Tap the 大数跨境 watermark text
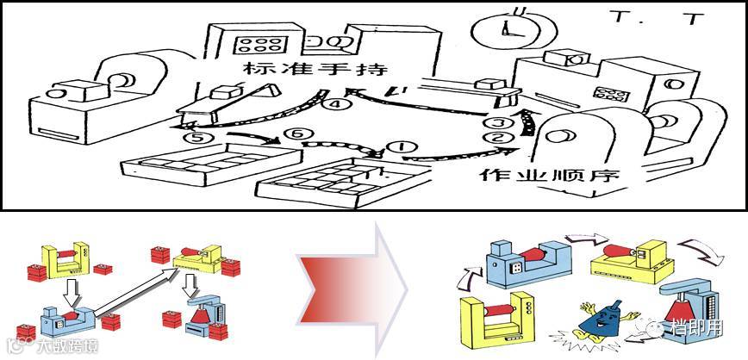pos(65,347)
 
